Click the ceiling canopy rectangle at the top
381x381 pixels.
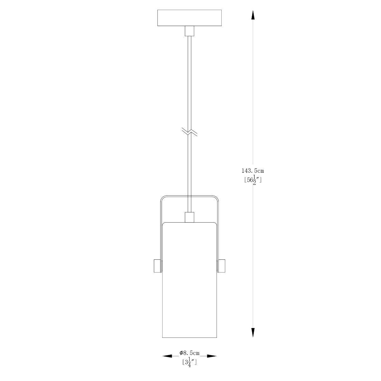coord(189,18)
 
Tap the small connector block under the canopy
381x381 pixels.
coord(190,31)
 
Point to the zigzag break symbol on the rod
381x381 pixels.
coord(190,132)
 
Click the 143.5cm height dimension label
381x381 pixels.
coord(253,170)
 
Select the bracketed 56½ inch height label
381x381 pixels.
coord(253,180)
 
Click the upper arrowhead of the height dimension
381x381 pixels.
coord(253,15)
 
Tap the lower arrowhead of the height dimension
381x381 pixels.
coord(253,333)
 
